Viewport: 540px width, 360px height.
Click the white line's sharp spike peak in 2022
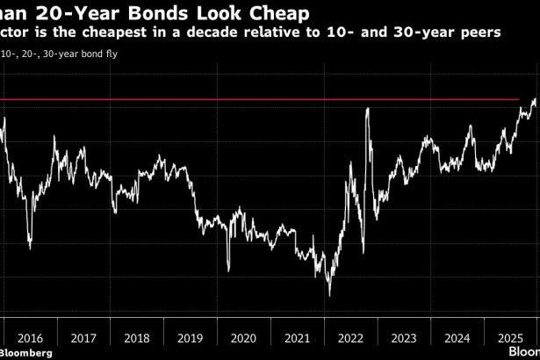coord(366,109)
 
